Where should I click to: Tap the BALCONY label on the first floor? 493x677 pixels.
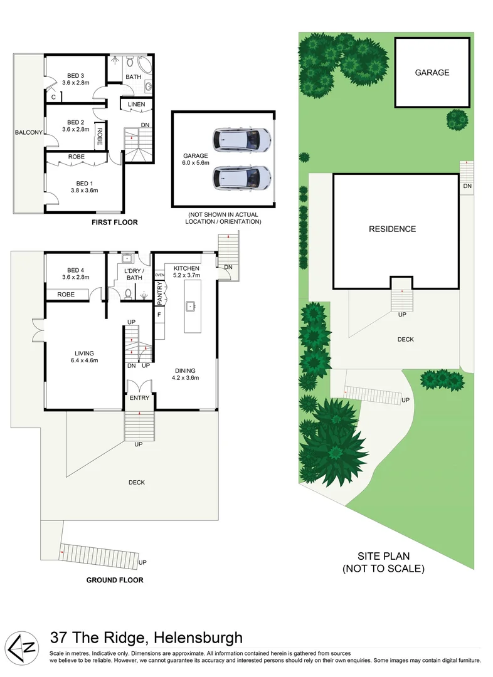click(x=29, y=132)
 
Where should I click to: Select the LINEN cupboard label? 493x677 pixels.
click(x=136, y=104)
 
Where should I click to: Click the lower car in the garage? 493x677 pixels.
click(x=241, y=177)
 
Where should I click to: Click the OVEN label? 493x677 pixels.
click(x=159, y=275)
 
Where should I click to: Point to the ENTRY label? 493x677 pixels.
click(x=139, y=398)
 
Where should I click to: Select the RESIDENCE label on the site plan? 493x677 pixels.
click(x=392, y=229)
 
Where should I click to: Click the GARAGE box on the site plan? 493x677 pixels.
click(x=432, y=72)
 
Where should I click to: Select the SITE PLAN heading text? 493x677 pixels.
click(x=383, y=556)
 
